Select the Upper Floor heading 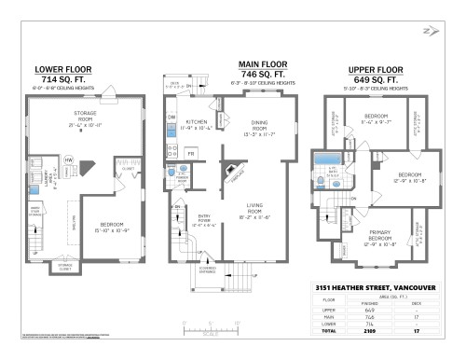(375, 69)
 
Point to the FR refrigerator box (191, 152)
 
